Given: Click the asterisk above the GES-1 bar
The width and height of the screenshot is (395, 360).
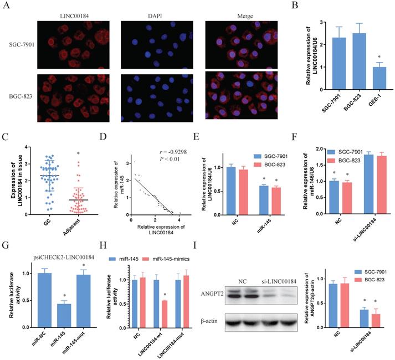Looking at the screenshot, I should [348, 58].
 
